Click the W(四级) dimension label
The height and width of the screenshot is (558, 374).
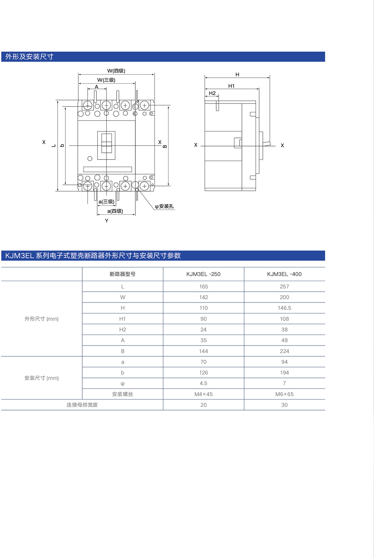click(x=116, y=71)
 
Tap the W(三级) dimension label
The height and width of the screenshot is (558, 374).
click(x=106, y=80)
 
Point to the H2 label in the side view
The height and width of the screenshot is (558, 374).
click(x=212, y=93)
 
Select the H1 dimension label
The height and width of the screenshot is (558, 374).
click(x=232, y=86)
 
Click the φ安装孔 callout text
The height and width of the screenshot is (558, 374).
click(x=164, y=207)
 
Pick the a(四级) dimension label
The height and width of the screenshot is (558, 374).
click(x=115, y=211)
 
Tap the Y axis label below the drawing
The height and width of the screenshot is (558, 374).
click(x=107, y=221)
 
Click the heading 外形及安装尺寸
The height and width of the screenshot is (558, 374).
click(x=30, y=57)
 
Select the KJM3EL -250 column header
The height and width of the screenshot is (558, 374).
click(x=203, y=274)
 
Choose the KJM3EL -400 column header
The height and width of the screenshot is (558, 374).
click(x=284, y=274)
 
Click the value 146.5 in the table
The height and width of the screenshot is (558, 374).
click(x=284, y=308)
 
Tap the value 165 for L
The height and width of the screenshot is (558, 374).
click(x=203, y=286)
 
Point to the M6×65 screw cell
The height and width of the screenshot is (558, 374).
click(x=284, y=394)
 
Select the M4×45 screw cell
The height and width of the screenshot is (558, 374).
click(x=203, y=394)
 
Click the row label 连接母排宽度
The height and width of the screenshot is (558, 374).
click(x=82, y=405)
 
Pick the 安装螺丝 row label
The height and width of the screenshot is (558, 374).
click(x=122, y=394)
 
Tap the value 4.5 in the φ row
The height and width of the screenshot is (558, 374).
click(x=203, y=384)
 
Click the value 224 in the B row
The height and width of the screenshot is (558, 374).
click(x=284, y=351)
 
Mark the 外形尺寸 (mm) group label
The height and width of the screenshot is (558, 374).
click(x=42, y=319)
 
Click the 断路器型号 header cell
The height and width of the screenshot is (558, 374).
click(x=122, y=274)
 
